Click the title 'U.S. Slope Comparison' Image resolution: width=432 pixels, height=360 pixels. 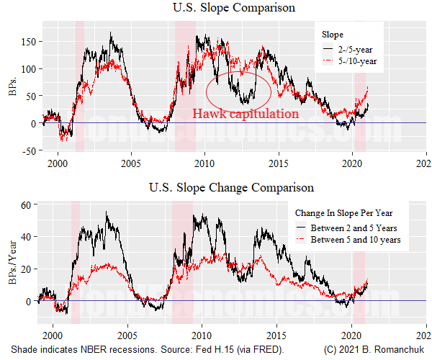tap(230, 8)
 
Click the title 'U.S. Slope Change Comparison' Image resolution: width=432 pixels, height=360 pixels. tap(230, 188)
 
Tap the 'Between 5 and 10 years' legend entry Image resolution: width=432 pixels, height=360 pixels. tap(355, 239)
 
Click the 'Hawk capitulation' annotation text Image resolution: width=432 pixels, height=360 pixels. tap(245, 114)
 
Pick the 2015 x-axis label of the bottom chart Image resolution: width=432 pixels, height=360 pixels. tap(276, 336)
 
